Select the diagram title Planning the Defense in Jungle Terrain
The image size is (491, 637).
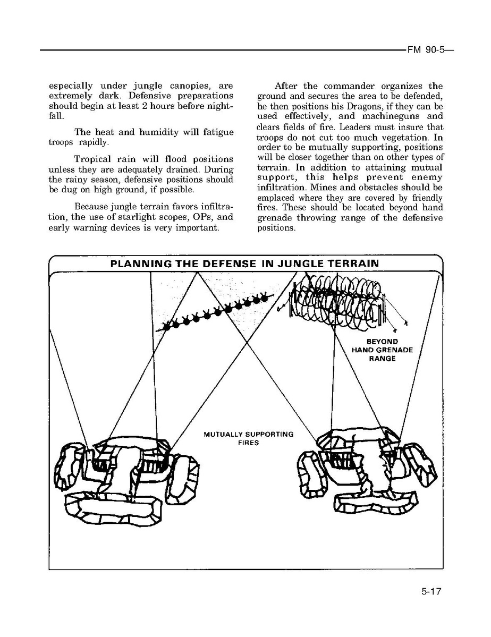(x=244, y=264)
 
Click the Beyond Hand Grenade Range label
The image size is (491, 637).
(x=382, y=350)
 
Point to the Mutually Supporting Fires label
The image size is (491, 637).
(x=249, y=438)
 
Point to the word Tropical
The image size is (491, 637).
(x=93, y=159)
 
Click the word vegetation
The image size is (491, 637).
(x=392, y=137)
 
